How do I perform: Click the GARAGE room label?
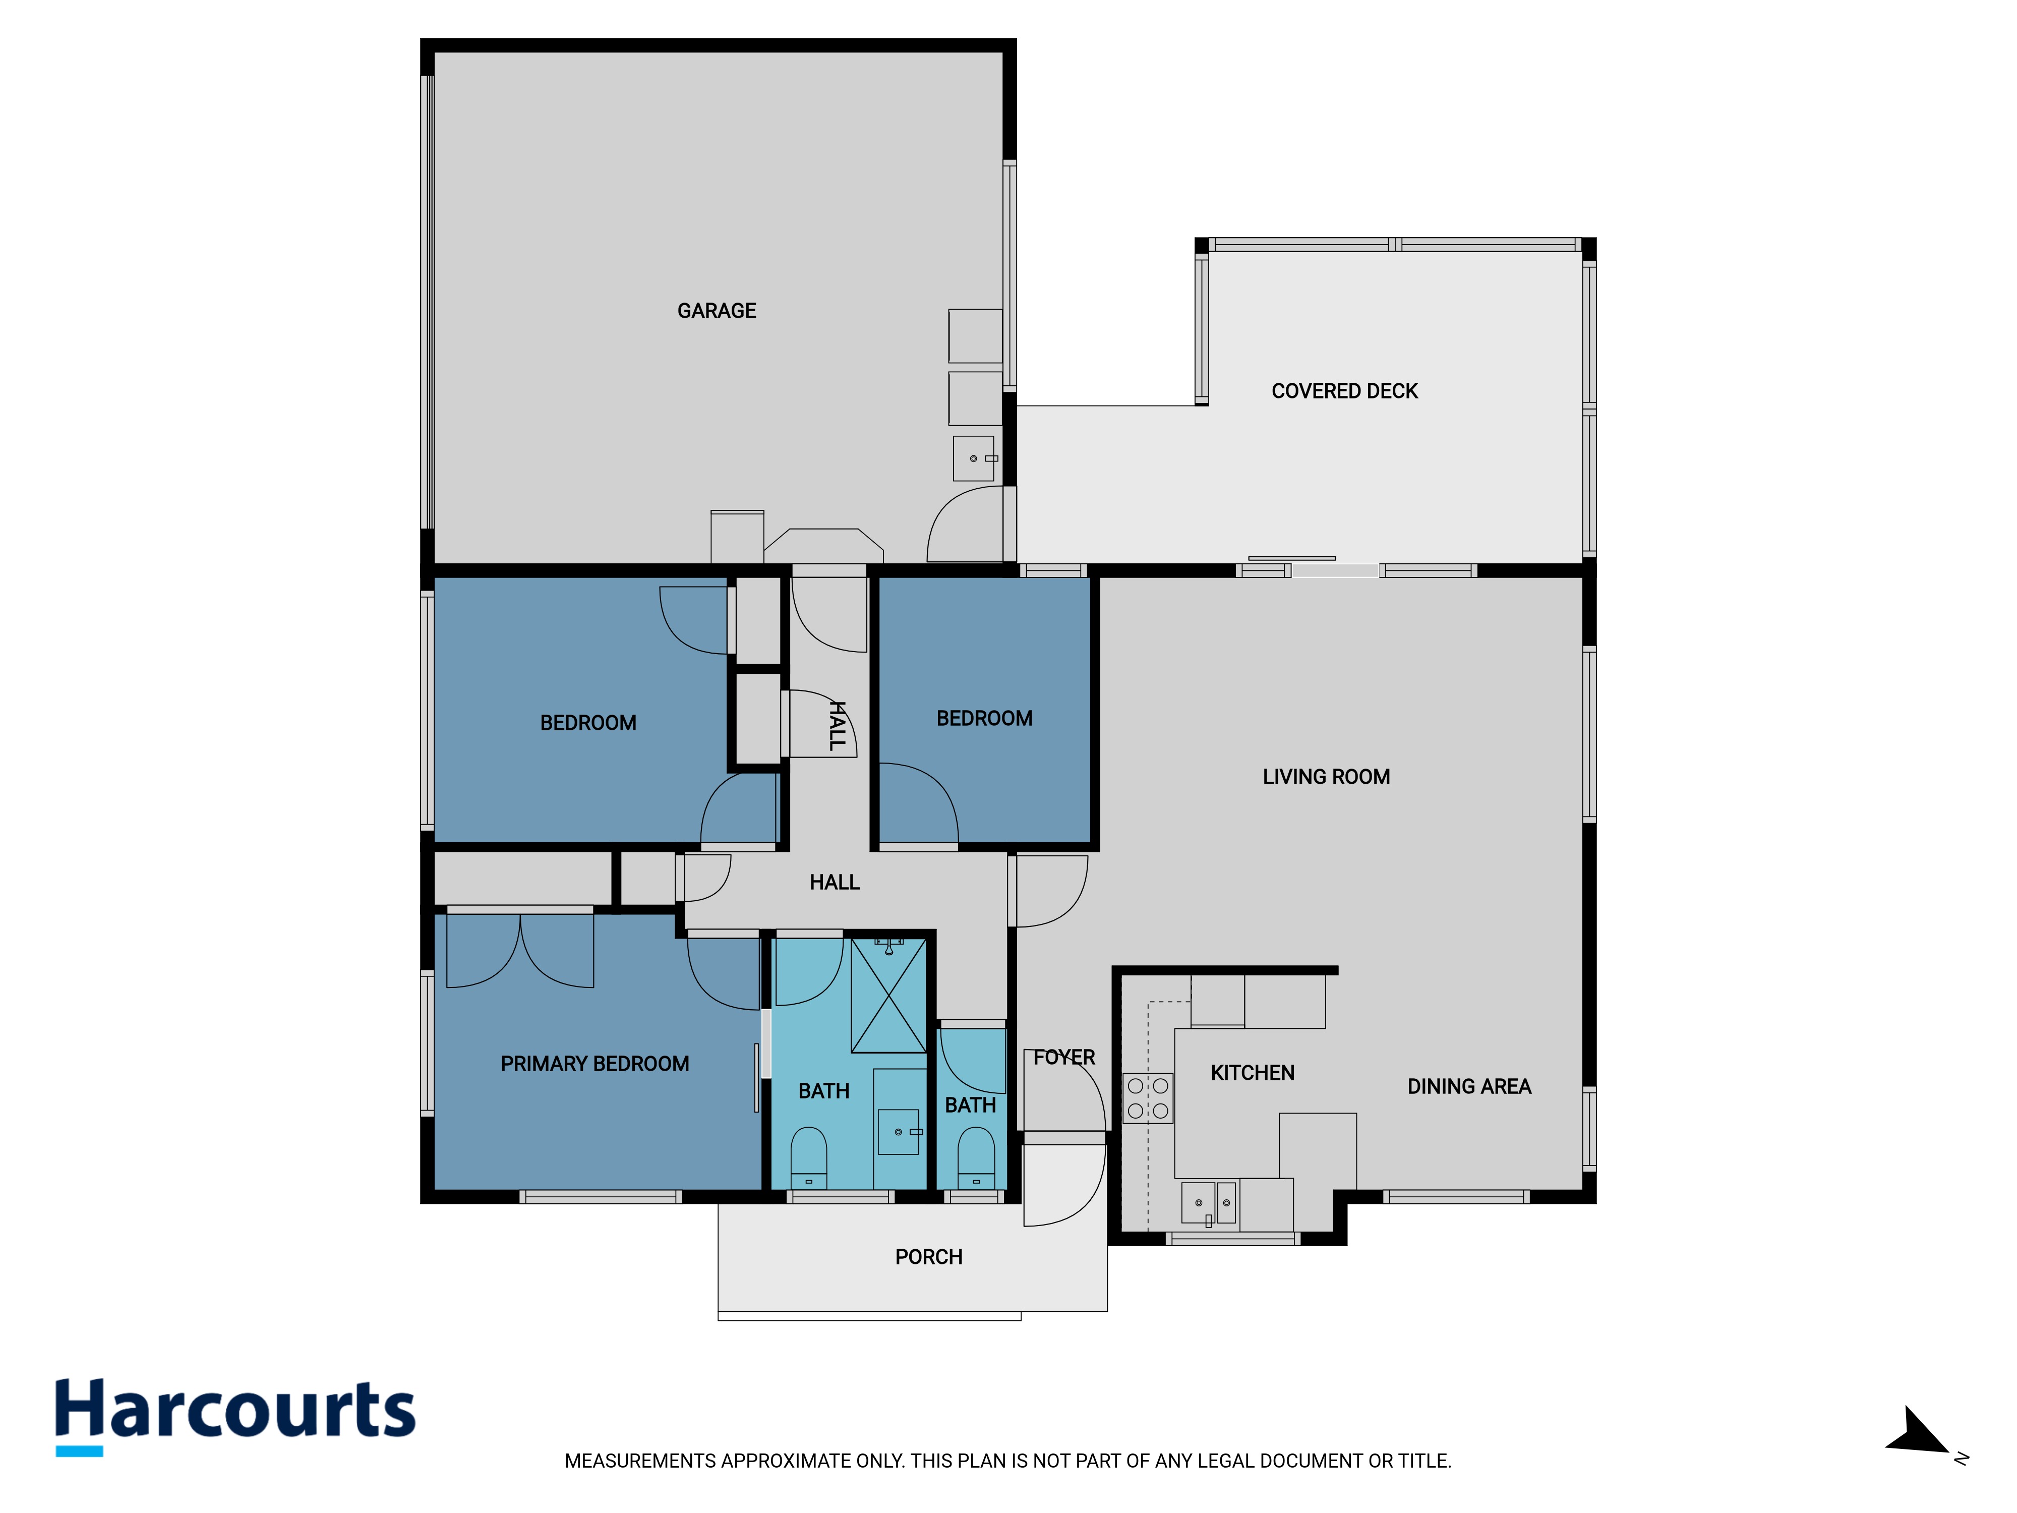(717, 311)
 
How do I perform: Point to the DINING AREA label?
(1469, 1086)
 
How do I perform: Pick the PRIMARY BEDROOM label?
(595, 1063)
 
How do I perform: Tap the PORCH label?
(928, 1257)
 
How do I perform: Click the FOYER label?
(1064, 1057)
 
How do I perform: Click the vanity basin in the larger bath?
(899, 1132)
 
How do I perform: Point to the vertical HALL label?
(836, 726)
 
